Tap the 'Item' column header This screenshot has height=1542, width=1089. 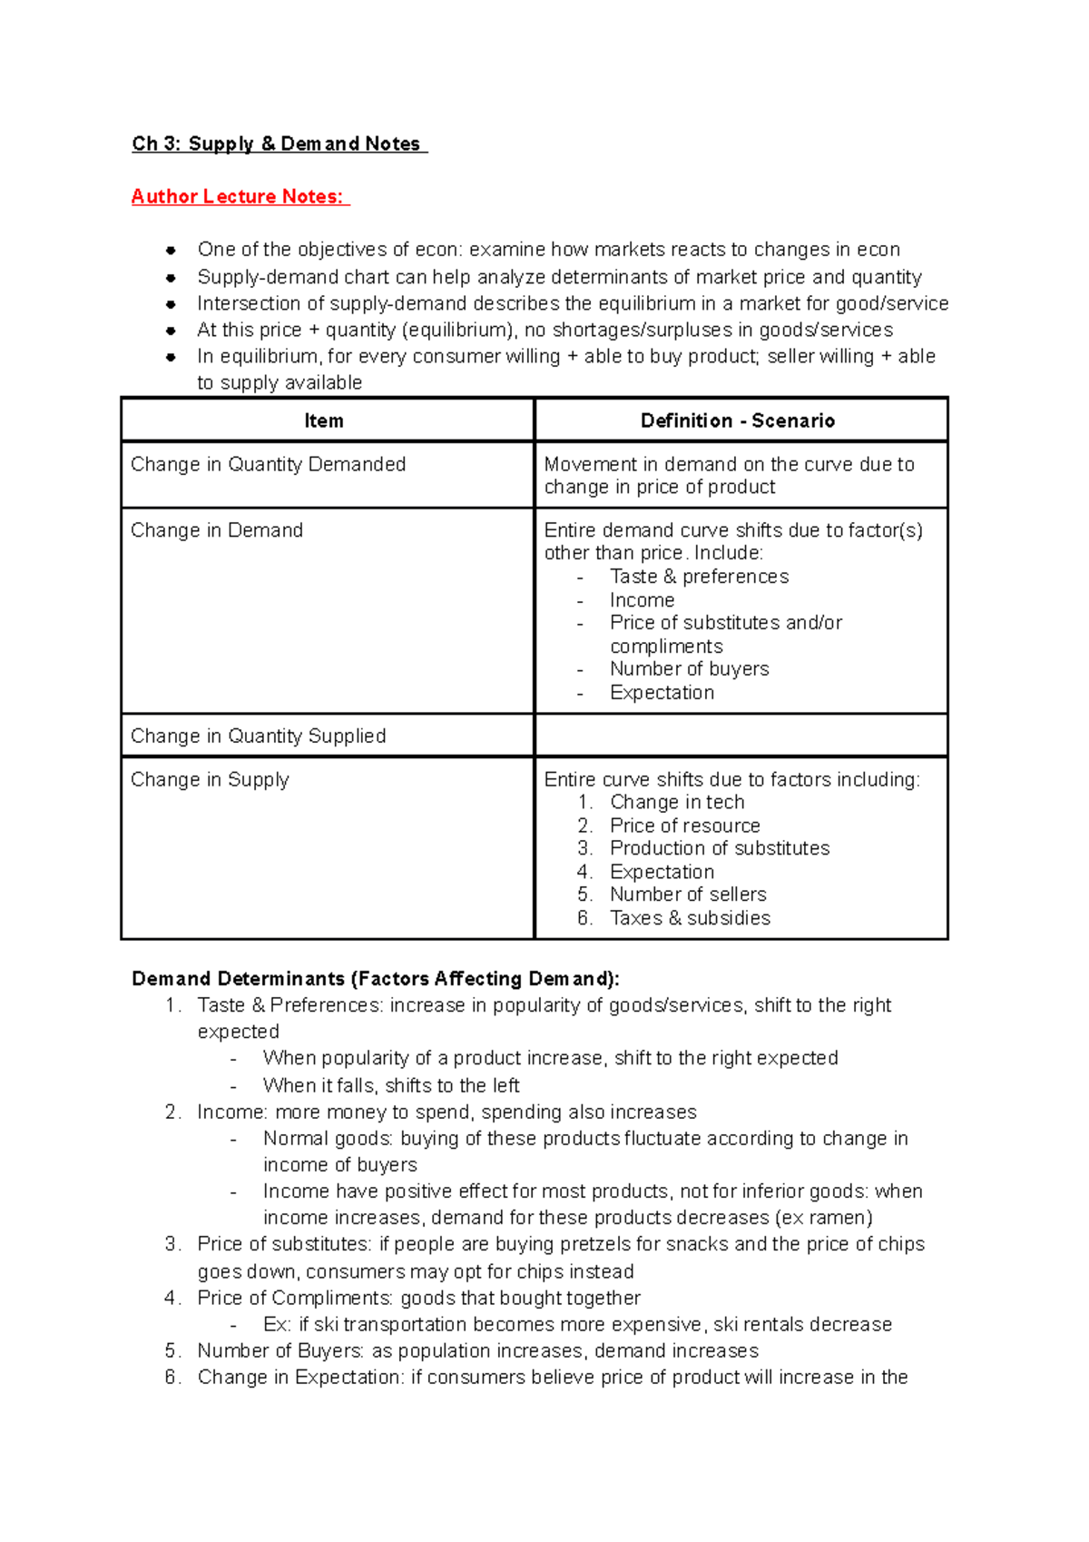[x=324, y=420]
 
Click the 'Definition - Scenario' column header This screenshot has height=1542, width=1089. [x=738, y=420]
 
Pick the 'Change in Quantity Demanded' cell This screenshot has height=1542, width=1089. [x=269, y=464]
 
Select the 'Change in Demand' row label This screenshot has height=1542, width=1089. [x=217, y=530]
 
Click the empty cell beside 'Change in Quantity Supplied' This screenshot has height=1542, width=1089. [x=741, y=736]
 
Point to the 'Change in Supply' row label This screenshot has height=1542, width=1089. [x=210, y=780]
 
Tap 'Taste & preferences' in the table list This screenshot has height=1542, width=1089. [x=699, y=577]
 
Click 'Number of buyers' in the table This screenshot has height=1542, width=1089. [x=689, y=669]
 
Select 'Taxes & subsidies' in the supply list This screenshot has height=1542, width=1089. [x=690, y=918]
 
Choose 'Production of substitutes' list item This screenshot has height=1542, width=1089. [x=720, y=848]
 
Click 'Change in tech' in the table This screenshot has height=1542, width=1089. [x=677, y=803]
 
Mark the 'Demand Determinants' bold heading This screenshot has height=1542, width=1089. [x=376, y=979]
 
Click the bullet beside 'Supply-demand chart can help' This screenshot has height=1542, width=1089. [x=171, y=278]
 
